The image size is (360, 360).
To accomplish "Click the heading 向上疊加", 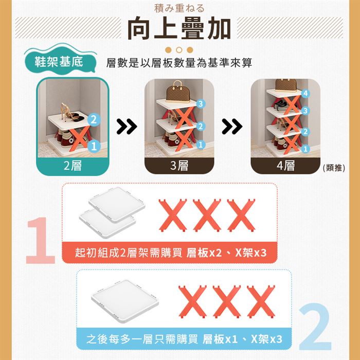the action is point(179,28).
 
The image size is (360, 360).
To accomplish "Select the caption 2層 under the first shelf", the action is point(73,166).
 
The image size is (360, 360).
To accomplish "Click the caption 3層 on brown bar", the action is point(179,166).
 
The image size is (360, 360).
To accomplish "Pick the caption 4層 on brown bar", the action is point(285,166).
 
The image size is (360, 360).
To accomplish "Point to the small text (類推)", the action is point(334,168).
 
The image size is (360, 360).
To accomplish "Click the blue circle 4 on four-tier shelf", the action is point(305,94).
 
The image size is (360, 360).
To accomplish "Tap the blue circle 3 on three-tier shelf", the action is point(201,104).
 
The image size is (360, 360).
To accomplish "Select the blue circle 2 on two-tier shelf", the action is point(94,120).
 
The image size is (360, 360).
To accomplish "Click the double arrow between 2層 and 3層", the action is point(127,127).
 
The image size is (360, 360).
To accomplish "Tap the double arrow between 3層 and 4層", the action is point(232,127).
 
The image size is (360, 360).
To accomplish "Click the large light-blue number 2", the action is point(315,327).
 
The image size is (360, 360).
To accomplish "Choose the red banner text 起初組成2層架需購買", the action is point(129,253).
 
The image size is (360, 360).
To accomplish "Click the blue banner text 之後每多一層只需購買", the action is point(142,339).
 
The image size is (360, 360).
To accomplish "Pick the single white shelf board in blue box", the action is point(125,301).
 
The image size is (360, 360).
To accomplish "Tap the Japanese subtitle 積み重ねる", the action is point(179,9).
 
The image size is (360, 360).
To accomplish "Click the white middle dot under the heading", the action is point(179,50).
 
